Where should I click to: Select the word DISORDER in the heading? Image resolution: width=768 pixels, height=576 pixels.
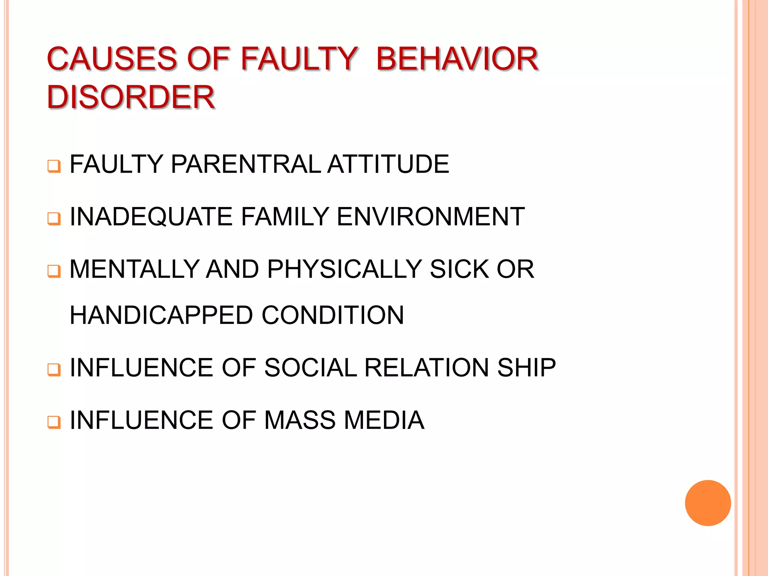pos(131,97)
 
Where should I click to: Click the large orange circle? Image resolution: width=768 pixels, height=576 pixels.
pos(708,503)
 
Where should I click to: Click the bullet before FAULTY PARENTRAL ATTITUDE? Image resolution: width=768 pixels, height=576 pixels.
pos(54,166)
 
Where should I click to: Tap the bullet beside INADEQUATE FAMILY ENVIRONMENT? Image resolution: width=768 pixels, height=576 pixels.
pos(54,218)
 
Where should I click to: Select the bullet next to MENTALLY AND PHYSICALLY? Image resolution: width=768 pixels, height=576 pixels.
pos(54,271)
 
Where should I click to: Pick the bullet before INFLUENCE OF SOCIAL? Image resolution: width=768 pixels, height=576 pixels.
pos(54,369)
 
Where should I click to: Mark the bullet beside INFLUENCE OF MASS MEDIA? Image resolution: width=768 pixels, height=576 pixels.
pos(54,422)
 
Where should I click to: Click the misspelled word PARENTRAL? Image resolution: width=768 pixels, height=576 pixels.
pos(246,164)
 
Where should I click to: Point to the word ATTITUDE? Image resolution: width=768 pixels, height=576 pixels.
pos(388,164)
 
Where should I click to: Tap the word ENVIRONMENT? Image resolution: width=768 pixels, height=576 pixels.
pos(430,217)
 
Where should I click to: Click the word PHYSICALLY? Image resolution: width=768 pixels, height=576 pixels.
pos(345,269)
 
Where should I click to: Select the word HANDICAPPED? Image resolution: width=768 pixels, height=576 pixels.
pos(161,315)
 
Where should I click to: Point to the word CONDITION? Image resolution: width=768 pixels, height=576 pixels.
pos(333,315)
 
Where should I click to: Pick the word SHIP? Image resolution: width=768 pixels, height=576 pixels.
pos(526,367)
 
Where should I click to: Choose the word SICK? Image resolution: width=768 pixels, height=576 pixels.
pos(459,269)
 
